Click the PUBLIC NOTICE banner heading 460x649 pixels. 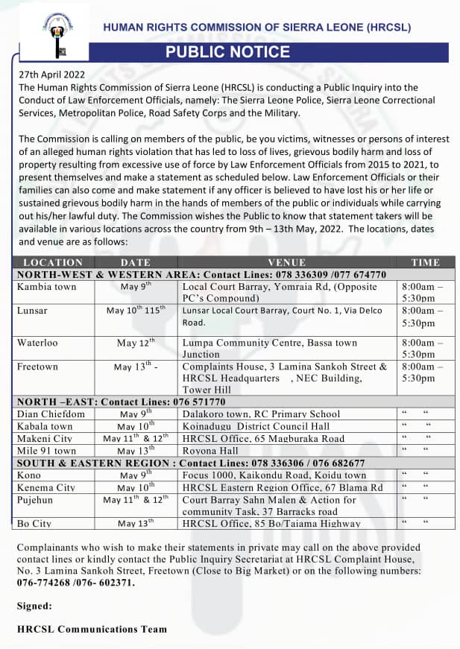pyautogui.click(x=227, y=52)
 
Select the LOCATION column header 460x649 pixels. pyautogui.click(x=53, y=262)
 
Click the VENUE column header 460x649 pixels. pyautogui.click(x=287, y=262)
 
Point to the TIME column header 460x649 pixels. pyautogui.click(x=426, y=262)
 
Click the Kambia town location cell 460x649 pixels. pyautogui.click(x=46, y=287)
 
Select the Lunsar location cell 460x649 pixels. pyautogui.click(x=32, y=311)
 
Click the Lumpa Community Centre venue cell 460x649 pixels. pyautogui.click(x=270, y=348)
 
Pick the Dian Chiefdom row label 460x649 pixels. pyautogui.click(x=51, y=414)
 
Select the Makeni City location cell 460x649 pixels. pyautogui.click(x=45, y=439)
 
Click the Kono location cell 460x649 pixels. pyautogui.click(x=30, y=475)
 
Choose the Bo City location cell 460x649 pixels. pyautogui.click(x=34, y=524)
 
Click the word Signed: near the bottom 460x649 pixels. pyautogui.click(x=34, y=606)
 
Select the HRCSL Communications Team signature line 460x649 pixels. pyautogui.click(x=92, y=629)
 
